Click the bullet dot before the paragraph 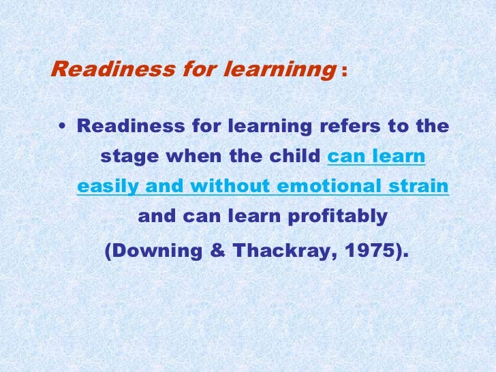[x=63, y=127]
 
